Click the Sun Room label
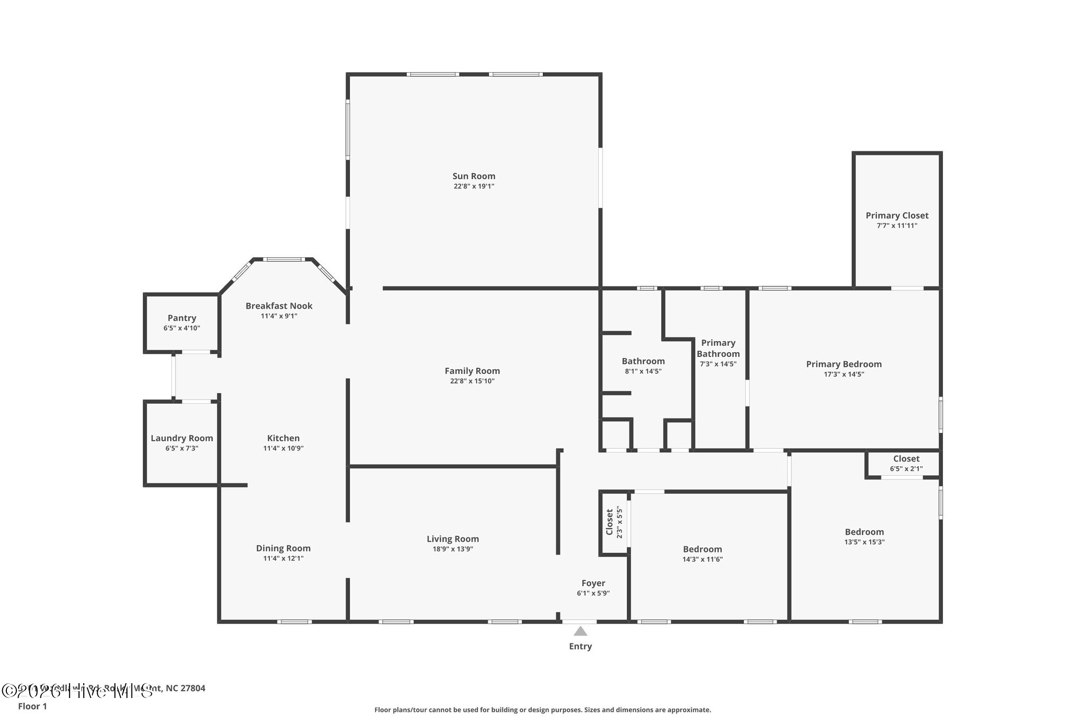[474, 176]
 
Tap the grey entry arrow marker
[580, 631]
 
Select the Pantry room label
[182, 318]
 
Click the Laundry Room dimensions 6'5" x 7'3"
[182, 448]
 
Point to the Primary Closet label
[897, 215]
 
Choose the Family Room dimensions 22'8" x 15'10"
[472, 381]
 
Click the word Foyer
[593, 583]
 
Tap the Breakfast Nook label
[279, 306]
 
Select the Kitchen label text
[283, 438]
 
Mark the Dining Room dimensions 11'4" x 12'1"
[283, 559]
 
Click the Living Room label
[452, 539]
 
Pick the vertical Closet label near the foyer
[609, 522]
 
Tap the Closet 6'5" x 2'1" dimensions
[906, 469]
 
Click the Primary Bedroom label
[844, 364]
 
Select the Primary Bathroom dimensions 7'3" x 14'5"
[718, 364]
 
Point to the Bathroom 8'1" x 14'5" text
[643, 371]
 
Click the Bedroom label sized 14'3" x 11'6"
[702, 549]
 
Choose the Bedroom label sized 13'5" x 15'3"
[864, 532]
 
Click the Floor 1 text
[32, 706]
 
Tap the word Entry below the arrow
[580, 646]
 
